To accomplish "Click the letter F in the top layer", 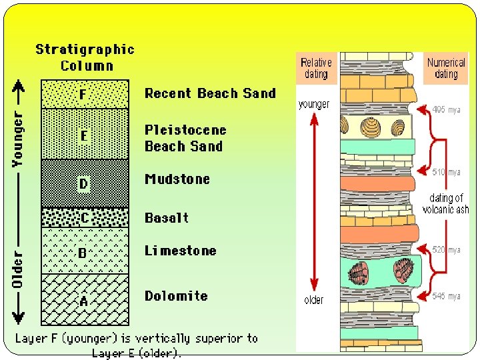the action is pyautogui.click(x=83, y=95).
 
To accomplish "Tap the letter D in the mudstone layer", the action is pyautogui.click(x=83, y=183).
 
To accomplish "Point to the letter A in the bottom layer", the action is pyautogui.click(x=83, y=301).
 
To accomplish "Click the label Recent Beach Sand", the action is pyautogui.click(x=210, y=93).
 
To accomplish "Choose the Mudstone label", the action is pyautogui.click(x=177, y=179).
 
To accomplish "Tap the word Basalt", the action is pyautogui.click(x=167, y=218).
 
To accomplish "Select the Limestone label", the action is pyautogui.click(x=181, y=251).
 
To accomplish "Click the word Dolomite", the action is pyautogui.click(x=176, y=296).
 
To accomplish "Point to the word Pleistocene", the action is pyautogui.click(x=185, y=130).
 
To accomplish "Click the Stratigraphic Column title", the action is pyautogui.click(x=85, y=57).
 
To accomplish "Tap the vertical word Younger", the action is pyautogui.click(x=18, y=139).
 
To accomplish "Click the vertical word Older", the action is pyautogui.click(x=18, y=269).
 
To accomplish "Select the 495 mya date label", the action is pyautogui.click(x=446, y=109).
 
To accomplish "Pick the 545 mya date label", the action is pyautogui.click(x=446, y=297).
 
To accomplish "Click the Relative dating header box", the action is pyautogui.click(x=316, y=68).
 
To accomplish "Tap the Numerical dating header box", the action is pyautogui.click(x=446, y=68).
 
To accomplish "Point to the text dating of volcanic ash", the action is pyautogui.click(x=446, y=203).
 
